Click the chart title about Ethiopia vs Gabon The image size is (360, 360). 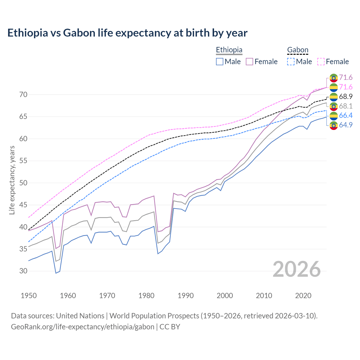127,33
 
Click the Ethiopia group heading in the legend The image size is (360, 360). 229,50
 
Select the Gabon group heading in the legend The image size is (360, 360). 298,50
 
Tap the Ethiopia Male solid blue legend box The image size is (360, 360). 220,62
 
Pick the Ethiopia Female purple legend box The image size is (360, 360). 249,62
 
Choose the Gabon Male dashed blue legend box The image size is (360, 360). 291,62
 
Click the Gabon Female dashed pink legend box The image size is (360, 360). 321,62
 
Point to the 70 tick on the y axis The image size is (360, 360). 23,94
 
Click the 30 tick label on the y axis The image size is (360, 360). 23,271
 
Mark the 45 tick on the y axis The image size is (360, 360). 23,205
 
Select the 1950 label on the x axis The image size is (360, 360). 29,296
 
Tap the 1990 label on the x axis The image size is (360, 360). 186,296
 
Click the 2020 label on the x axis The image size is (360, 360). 303,296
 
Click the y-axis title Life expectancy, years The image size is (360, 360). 12,180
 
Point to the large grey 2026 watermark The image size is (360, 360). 296,269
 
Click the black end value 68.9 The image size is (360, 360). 346,96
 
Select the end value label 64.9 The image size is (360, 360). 346,125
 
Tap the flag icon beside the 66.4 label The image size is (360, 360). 334,116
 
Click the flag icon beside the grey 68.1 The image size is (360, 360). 334,106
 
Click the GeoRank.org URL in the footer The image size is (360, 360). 82,327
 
